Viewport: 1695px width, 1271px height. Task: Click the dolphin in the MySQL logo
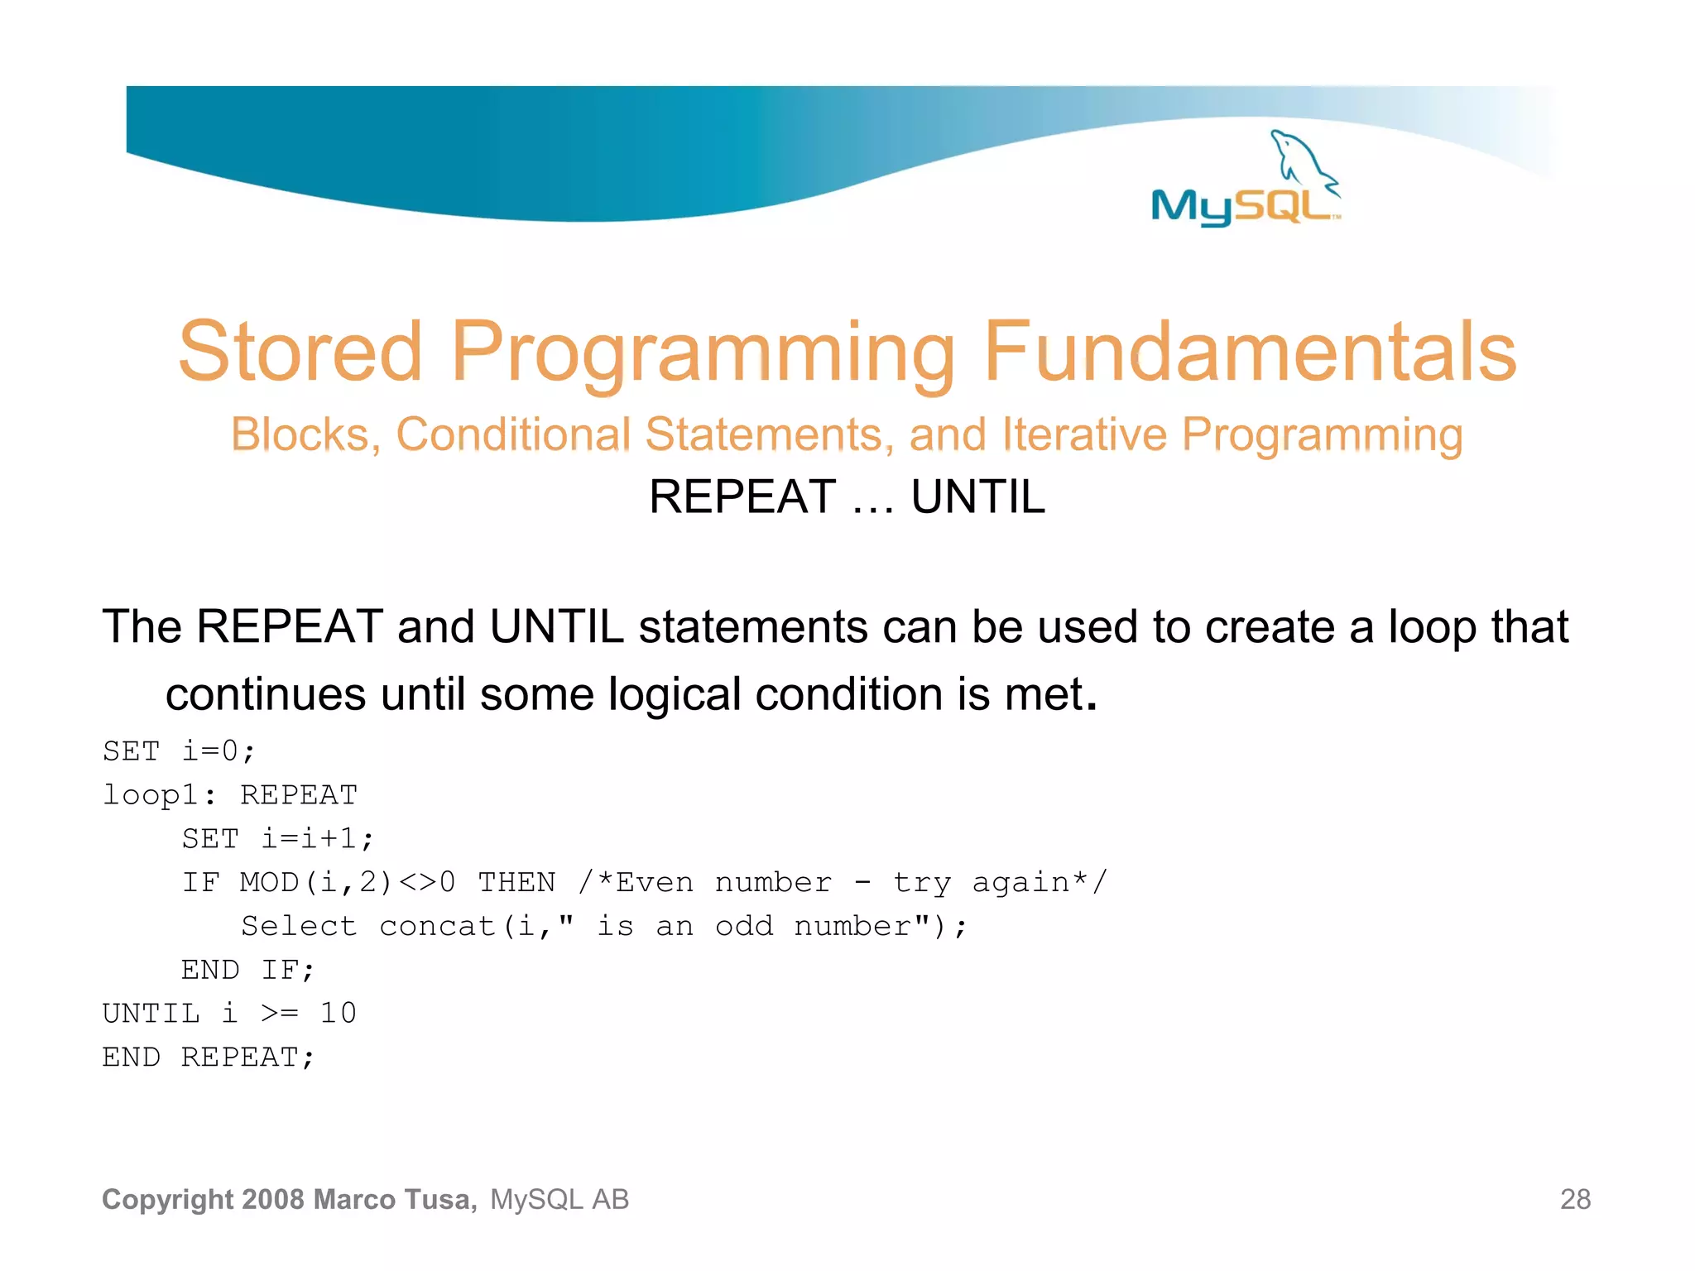pyautogui.click(x=1299, y=157)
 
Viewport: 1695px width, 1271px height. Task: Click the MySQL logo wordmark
pyautogui.click(x=1241, y=205)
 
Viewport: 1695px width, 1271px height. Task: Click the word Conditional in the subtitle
pyautogui.click(x=513, y=434)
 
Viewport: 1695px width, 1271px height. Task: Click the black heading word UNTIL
pyautogui.click(x=978, y=497)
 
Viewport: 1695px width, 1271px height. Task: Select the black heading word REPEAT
pyautogui.click(x=742, y=497)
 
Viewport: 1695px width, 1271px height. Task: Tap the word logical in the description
pyautogui.click(x=674, y=694)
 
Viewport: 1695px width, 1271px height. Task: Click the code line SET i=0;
pyautogui.click(x=179, y=751)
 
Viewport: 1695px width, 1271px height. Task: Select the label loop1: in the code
pyautogui.click(x=159, y=795)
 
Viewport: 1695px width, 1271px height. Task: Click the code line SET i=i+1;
pyautogui.click(x=278, y=839)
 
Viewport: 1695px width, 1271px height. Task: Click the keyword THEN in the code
pyautogui.click(x=517, y=883)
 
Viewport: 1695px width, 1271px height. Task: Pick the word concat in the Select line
pyautogui.click(x=437, y=927)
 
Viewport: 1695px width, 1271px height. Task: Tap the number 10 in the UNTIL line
pyautogui.click(x=339, y=1014)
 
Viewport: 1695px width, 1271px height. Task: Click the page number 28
pyautogui.click(x=1575, y=1199)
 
